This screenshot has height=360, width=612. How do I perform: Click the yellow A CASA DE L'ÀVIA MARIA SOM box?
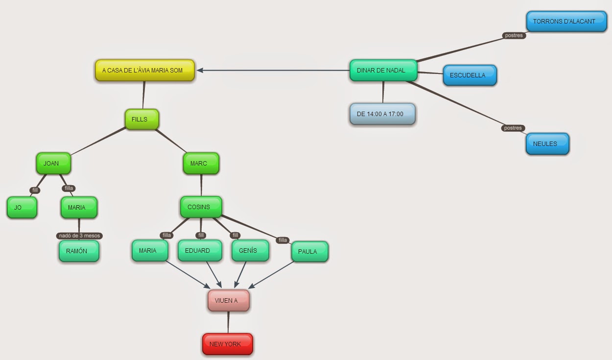pos(145,71)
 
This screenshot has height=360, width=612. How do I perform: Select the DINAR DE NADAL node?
pos(383,71)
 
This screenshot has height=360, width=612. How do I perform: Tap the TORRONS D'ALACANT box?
pos(566,22)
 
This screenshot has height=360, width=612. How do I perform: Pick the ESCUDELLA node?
pos(470,75)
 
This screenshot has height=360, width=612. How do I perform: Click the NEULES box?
pos(547,144)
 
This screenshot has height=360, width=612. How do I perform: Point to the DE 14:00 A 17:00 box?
pos(382,114)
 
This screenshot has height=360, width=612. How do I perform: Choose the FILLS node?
pos(142,120)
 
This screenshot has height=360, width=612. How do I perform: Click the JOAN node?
pos(53,164)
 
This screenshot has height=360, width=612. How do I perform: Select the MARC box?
pos(201,164)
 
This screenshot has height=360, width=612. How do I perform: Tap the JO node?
pos(22,208)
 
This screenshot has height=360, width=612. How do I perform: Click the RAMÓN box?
pos(79,251)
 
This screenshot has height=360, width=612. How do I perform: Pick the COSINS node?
pos(201,207)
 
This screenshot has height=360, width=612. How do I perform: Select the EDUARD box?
pos(200,251)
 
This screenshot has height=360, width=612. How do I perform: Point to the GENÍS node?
pos(250,251)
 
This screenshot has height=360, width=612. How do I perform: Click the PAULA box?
pos(309,252)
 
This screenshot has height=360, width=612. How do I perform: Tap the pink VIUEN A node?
pos(228,301)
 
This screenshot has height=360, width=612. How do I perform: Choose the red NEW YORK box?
pos(227,344)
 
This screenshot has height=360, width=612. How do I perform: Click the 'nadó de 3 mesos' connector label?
pos(79,236)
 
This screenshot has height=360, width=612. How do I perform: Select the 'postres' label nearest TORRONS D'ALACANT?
pos(514,35)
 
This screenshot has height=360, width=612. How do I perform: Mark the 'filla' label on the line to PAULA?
pos(282,240)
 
